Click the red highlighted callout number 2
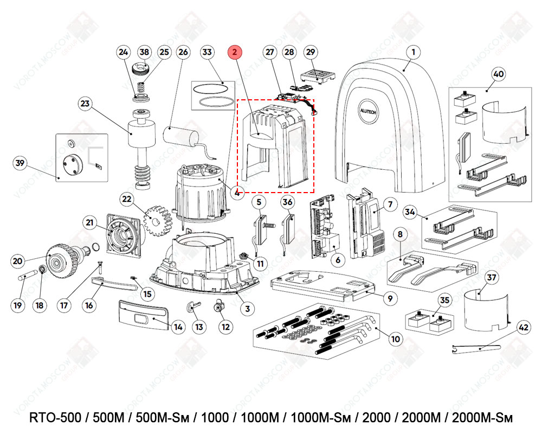[235, 52]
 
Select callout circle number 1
[414, 52]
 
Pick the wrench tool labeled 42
[477, 348]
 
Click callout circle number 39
[21, 163]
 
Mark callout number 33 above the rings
[207, 52]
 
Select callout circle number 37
[491, 278]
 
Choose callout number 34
[410, 212]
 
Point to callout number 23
[85, 104]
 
